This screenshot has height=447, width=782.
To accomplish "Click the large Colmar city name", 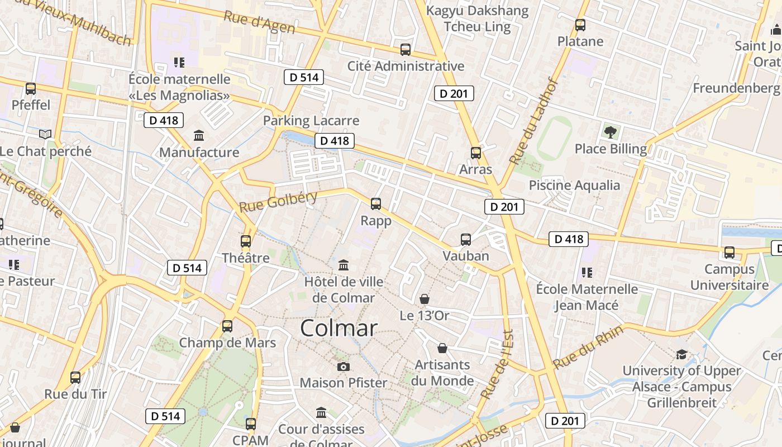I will point(338,328).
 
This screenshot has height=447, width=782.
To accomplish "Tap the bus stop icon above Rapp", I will point(376,204).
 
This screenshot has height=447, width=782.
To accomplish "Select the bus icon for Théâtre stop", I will point(246,241).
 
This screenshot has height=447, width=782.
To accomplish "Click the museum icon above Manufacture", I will point(199,135).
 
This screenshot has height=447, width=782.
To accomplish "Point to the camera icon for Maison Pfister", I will point(344,367).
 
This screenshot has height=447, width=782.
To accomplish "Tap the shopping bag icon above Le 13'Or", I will point(425,299).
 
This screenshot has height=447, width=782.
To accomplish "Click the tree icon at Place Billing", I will point(611,132).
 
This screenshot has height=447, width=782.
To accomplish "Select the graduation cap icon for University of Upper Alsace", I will point(681,354).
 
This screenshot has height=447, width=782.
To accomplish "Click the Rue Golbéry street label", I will point(278,201).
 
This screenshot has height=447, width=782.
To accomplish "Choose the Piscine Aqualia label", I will point(574,186).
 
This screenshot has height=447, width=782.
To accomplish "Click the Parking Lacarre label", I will point(311,121).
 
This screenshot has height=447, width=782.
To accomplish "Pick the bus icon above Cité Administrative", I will point(406,50).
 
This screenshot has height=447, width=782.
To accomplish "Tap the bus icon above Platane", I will point(580,25).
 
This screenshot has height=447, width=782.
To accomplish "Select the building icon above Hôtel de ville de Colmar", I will point(344,264).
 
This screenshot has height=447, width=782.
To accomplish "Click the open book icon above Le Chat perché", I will point(45,134).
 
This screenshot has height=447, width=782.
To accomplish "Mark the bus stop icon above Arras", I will point(475,153).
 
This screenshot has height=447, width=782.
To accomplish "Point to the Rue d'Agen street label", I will point(259,22).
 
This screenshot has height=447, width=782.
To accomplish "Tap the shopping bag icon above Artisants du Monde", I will point(442,348).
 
